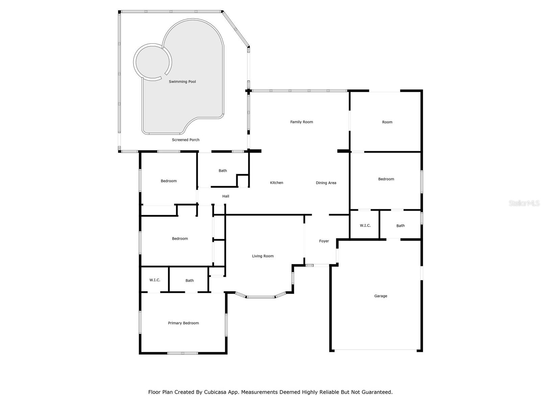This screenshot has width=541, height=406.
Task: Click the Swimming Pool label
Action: pos(182,82)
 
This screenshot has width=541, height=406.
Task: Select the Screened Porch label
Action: pos(186,140)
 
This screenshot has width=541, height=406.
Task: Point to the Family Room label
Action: pos(302,122)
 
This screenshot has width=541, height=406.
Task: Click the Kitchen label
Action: pos(276,183)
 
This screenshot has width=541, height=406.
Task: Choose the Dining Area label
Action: pos(326,183)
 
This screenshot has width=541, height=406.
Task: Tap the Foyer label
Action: pos(324,241)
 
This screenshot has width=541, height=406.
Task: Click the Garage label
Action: pos(380,296)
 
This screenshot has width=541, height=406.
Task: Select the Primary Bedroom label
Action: pos(183,323)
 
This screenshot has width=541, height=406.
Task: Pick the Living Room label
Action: pos(263,256)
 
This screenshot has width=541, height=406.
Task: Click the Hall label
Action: pos(226,196)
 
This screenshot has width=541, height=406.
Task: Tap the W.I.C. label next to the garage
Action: pos(365,225)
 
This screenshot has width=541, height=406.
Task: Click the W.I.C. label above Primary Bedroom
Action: pos(155,280)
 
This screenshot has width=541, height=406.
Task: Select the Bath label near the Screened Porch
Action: pos(222,171)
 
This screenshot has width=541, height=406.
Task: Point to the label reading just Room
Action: pos(387,122)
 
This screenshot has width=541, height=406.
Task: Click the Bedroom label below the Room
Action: pos(386,179)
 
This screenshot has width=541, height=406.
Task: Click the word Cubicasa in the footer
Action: pos(216,392)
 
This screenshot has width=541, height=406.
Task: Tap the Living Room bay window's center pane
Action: pos(260,297)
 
